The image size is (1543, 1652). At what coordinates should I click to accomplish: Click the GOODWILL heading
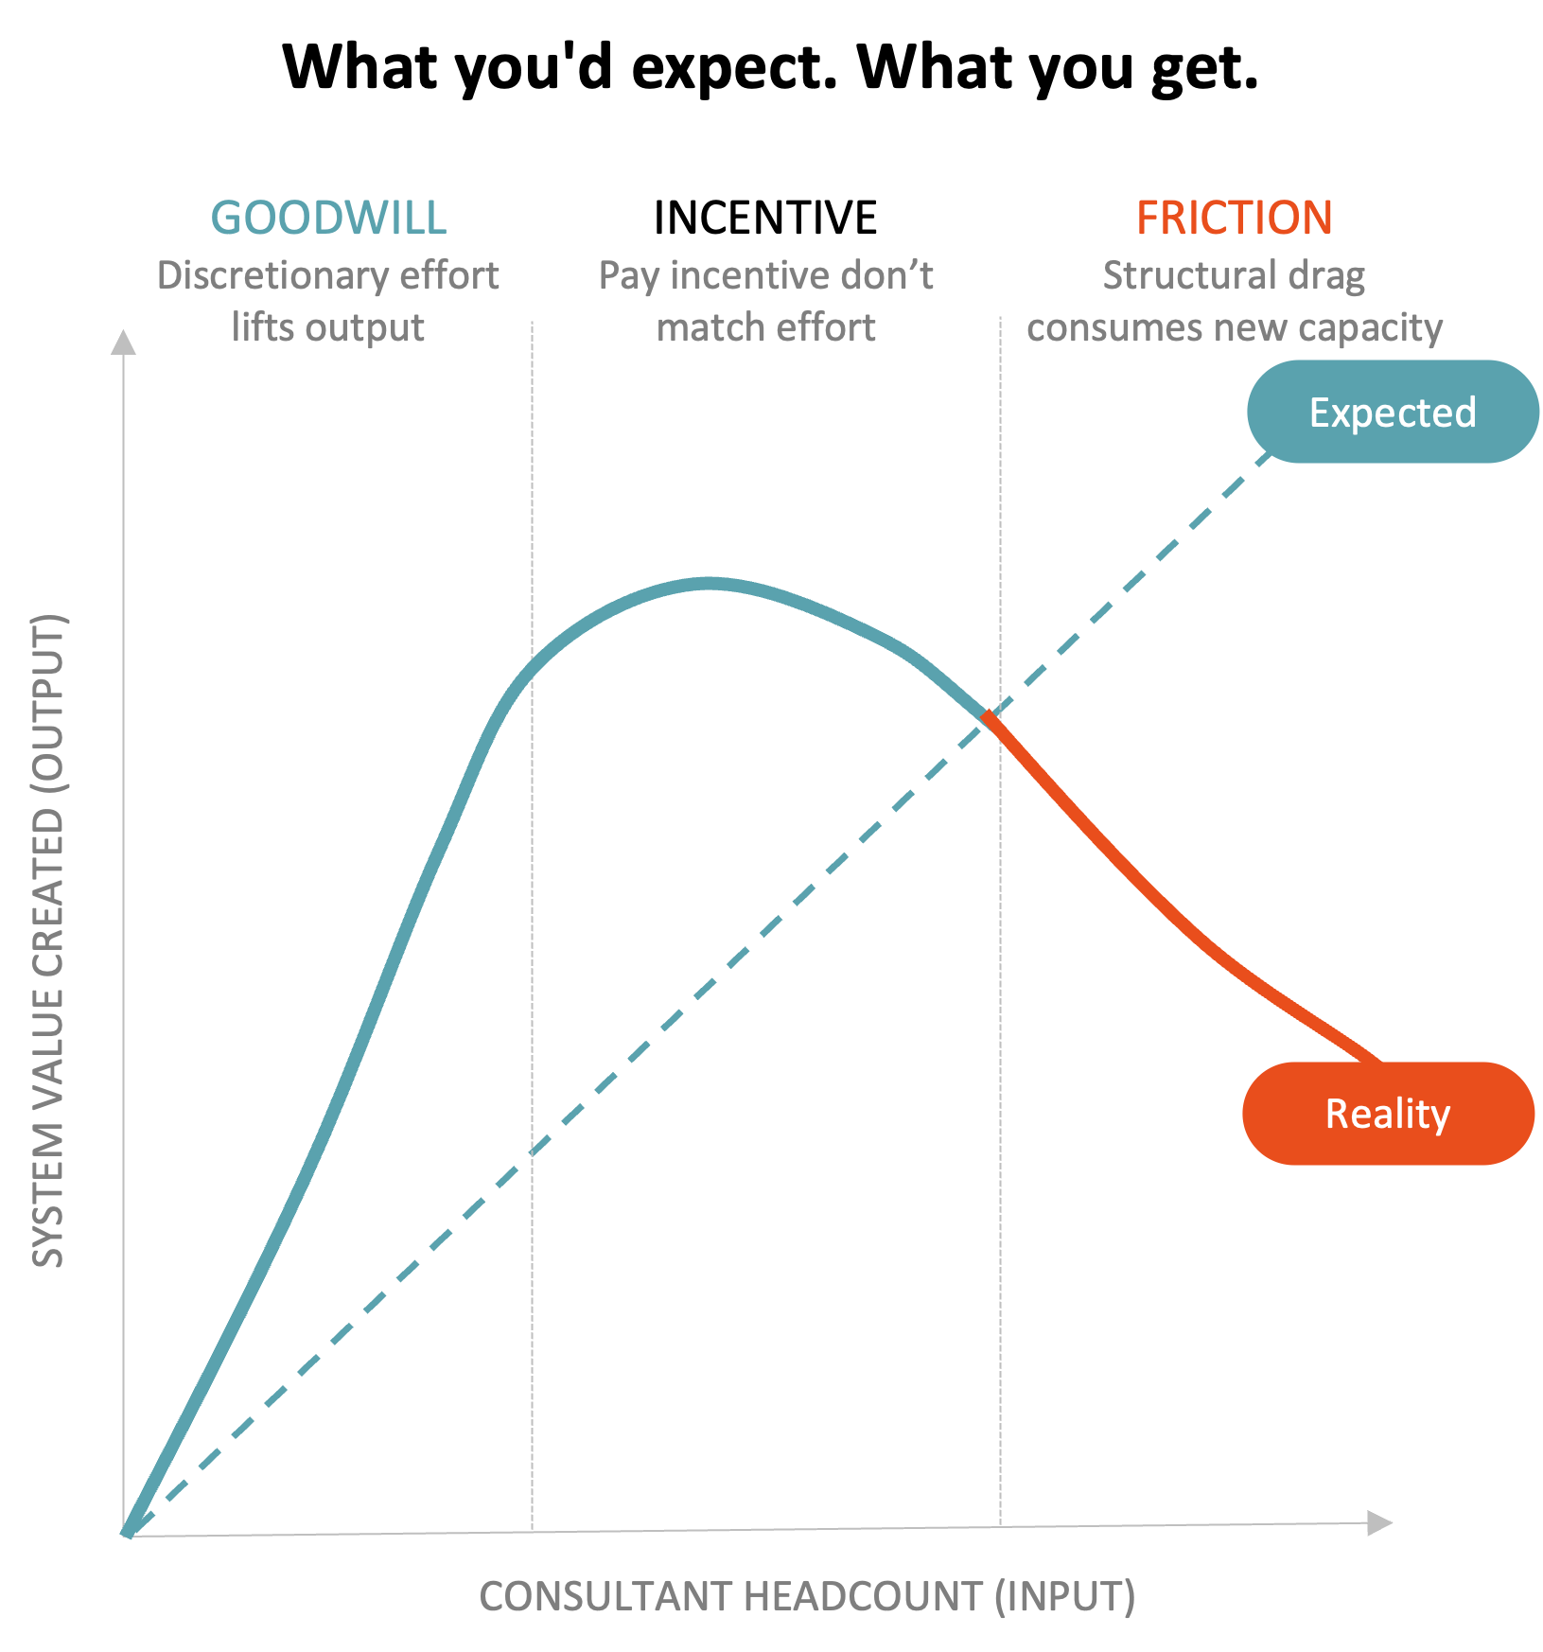pos(328,218)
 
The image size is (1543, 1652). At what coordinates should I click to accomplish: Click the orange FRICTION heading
pos(1234,218)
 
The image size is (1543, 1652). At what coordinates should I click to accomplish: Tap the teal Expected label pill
pos(1392,412)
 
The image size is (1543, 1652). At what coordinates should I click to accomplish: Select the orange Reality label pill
pos(1387,1114)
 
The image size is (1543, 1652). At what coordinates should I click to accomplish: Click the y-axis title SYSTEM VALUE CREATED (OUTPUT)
pos(48,941)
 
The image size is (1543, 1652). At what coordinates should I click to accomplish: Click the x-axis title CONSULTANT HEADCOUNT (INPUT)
pos(806,1596)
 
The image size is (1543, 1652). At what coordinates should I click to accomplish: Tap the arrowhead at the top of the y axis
pos(123,342)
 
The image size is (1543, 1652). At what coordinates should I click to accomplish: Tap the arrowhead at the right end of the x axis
pos(1381,1522)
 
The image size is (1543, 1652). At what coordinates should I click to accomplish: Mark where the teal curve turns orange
pos(988,716)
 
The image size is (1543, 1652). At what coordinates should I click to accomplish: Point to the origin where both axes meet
pos(125,1534)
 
